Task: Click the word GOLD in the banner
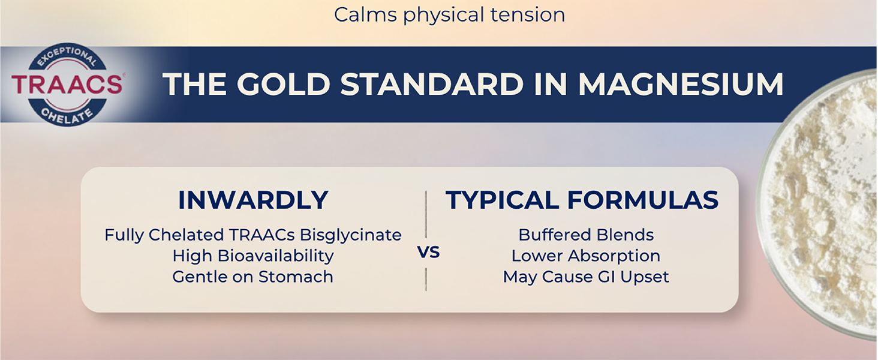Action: click(x=284, y=84)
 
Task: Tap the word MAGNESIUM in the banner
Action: click(x=681, y=84)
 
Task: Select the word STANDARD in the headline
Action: click(x=432, y=84)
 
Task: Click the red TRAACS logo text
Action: click(x=67, y=84)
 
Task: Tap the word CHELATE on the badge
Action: click(x=67, y=116)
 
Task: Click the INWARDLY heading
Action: click(x=253, y=200)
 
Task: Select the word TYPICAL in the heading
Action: click(x=502, y=200)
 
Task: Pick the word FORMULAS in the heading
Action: click(x=643, y=200)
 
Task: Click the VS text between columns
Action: click(x=428, y=252)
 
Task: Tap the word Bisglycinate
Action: click(x=351, y=235)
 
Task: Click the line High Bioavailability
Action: click(x=253, y=256)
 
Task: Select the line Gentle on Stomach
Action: click(x=253, y=277)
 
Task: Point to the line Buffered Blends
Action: click(x=586, y=235)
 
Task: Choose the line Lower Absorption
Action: click(x=586, y=256)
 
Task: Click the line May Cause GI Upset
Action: click(x=586, y=277)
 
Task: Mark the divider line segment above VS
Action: click(x=426, y=215)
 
